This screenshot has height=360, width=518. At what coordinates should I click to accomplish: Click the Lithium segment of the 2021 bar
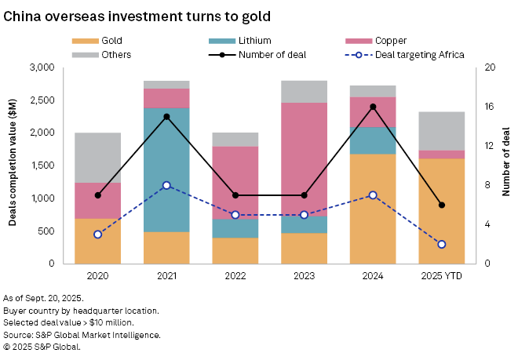(166, 169)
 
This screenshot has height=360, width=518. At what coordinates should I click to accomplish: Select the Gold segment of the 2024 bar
(373, 209)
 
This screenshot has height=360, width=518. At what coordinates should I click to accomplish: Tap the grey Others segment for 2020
(97, 158)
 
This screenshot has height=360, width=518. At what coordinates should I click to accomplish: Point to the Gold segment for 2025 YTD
(441, 211)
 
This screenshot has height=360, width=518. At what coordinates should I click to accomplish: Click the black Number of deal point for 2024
(373, 107)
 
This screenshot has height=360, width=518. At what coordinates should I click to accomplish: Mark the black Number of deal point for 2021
(166, 117)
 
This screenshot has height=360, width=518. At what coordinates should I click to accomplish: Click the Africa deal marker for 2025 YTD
(442, 244)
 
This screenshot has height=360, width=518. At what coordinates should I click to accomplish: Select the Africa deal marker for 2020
(97, 235)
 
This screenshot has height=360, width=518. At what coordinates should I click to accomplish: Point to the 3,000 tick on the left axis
(41, 68)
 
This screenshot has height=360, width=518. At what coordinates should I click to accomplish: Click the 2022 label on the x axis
(235, 276)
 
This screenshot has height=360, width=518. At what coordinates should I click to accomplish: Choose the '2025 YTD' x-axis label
(442, 276)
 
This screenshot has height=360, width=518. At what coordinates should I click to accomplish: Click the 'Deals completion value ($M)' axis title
(13, 165)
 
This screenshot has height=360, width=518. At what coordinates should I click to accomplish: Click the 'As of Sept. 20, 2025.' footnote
(44, 299)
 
